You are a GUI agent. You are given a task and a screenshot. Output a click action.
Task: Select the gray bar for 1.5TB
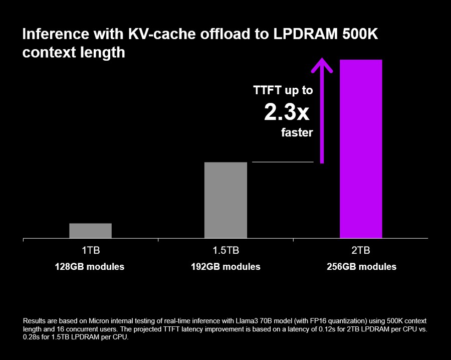tap(225, 200)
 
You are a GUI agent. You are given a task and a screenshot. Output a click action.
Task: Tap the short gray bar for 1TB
tap(90, 231)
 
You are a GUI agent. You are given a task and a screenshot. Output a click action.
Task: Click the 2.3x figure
tap(287, 113)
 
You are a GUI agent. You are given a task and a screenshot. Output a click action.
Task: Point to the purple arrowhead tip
tap(322, 60)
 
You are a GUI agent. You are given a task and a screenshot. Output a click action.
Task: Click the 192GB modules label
tap(225, 267)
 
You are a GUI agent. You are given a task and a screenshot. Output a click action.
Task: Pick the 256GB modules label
tap(361, 267)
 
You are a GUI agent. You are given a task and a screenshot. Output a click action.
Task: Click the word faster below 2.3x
tap(297, 133)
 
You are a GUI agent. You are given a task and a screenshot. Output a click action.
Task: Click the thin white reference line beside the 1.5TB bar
tap(282, 162)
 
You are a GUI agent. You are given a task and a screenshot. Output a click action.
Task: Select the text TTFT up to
tap(283, 90)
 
